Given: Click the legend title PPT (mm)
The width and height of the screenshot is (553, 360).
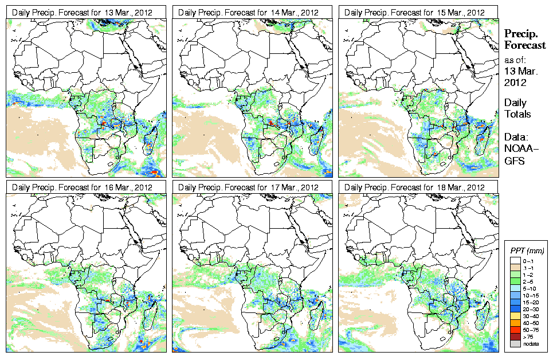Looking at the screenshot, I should [527, 251].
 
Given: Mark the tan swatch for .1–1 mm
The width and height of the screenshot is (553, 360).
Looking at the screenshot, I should [516, 268].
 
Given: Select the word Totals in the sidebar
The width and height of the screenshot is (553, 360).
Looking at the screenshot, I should [517, 114].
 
